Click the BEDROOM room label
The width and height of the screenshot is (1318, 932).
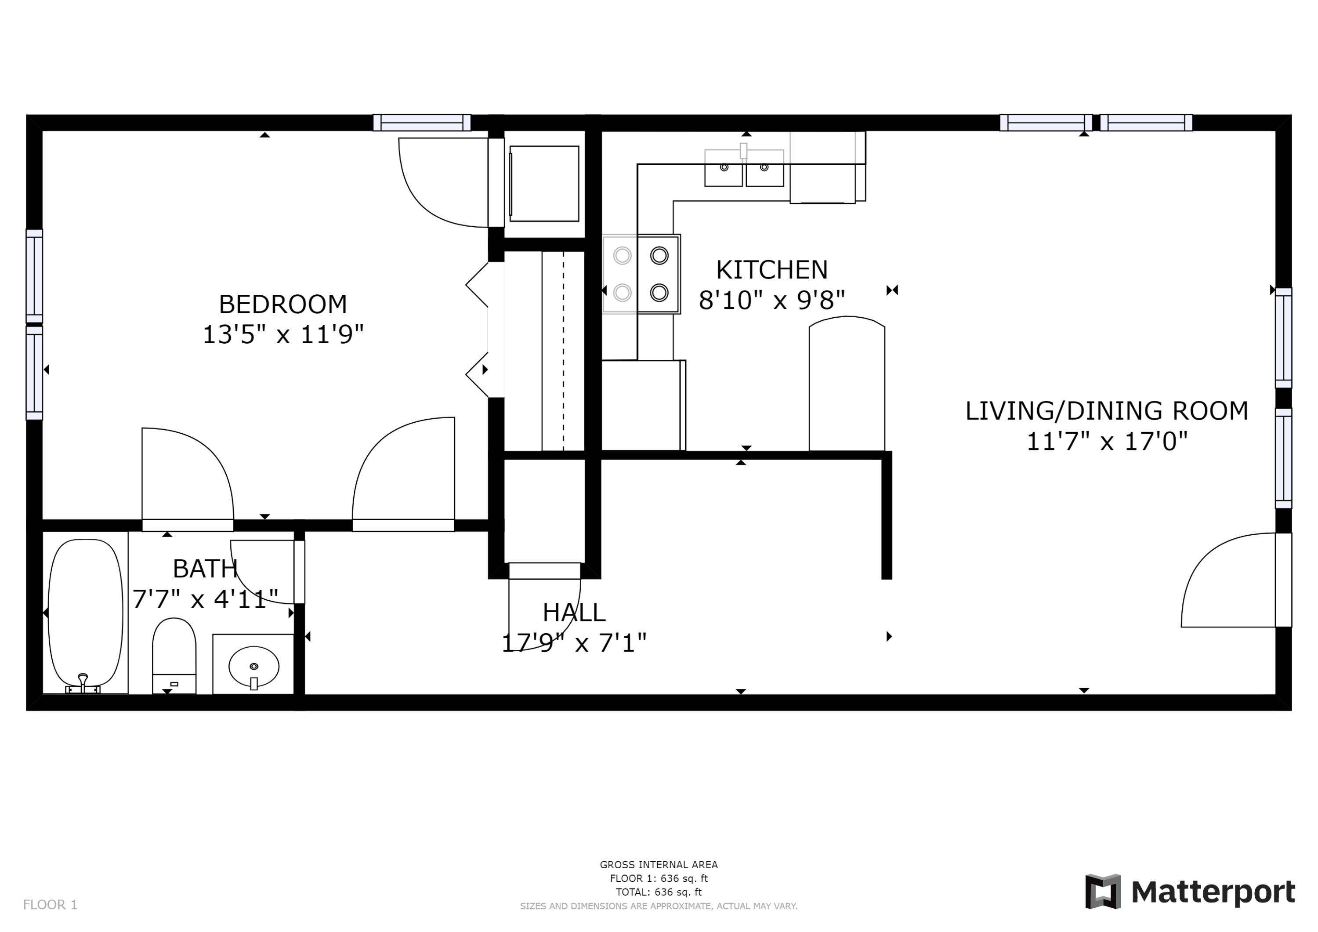pos(282,305)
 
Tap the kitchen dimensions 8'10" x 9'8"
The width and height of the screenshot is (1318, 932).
pos(771,300)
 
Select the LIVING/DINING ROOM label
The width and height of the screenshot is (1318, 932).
pos(1106,411)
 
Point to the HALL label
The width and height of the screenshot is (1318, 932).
pos(574,613)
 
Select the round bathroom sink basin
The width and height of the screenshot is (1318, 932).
pos(254,667)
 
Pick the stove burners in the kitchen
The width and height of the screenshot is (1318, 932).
pos(641,274)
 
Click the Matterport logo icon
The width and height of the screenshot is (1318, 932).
pos(1102,892)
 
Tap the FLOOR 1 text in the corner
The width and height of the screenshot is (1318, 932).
pos(50,905)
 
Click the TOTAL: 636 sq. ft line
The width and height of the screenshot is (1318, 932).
pos(659,892)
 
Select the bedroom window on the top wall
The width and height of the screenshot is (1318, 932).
pos(422,123)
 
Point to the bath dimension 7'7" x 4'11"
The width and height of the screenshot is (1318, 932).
pos(206,599)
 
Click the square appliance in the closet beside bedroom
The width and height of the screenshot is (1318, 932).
pos(544,184)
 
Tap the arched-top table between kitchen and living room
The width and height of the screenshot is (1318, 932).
pos(847,385)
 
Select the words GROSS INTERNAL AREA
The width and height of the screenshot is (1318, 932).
pos(659,865)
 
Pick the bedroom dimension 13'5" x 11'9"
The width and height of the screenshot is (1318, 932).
pos(283,334)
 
